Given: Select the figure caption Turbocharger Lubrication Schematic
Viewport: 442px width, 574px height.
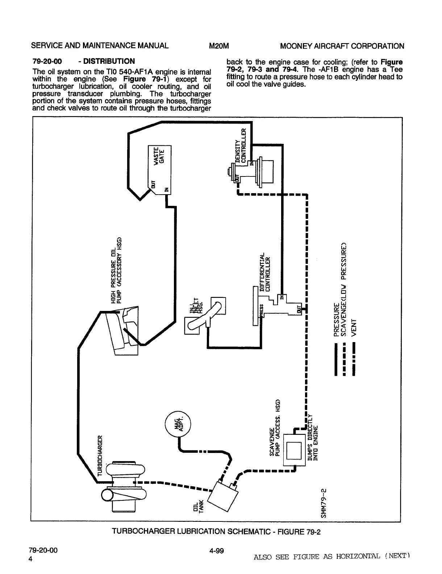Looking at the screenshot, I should click(216, 532).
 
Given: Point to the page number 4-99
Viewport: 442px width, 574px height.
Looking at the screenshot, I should click(216, 551).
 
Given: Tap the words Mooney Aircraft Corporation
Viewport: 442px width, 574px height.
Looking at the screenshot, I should click(342, 46).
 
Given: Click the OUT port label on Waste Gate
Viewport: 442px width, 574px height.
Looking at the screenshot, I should click(153, 183).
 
